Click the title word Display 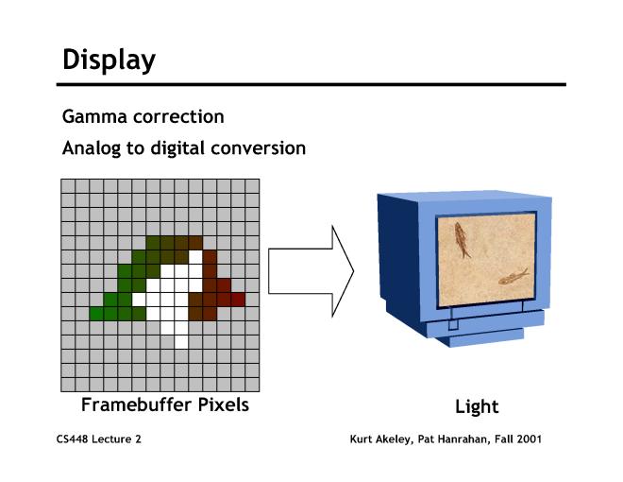pyautogui.click(x=109, y=60)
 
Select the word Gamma pyautogui.click(x=94, y=116)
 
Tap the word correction pyautogui.click(x=178, y=116)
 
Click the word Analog pyautogui.click(x=92, y=148)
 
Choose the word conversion pyautogui.click(x=259, y=148)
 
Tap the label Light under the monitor pyautogui.click(x=477, y=407)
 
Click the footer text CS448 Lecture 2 pyautogui.click(x=98, y=439)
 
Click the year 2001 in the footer pyautogui.click(x=529, y=439)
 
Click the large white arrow pyautogui.click(x=311, y=271)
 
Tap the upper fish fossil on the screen pyautogui.click(x=462, y=240)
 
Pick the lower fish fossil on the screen pyautogui.click(x=514, y=277)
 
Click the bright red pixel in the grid pyautogui.click(x=238, y=300)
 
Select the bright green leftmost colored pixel pyautogui.click(x=96, y=314)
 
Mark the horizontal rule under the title pyautogui.click(x=311, y=85)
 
